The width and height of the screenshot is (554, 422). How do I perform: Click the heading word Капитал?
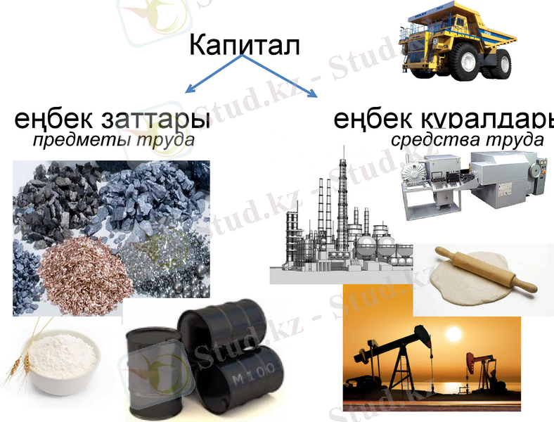244,46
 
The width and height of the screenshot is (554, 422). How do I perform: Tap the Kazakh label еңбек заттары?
112,119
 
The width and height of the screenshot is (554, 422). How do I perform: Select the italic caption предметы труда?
113,140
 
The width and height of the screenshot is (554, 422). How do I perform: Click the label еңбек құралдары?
444,119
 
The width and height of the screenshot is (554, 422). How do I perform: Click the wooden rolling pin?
485,270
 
